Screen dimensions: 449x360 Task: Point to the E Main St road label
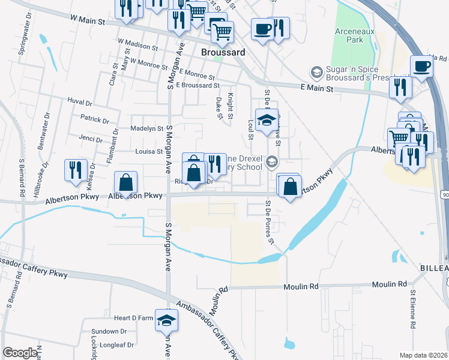pyautogui.click(x=316, y=88)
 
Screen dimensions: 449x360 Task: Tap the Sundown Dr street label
pyautogui.click(x=109, y=331)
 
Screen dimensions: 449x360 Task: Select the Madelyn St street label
pyautogui.click(x=147, y=128)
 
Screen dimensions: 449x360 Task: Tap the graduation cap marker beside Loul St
pyautogui.click(x=265, y=119)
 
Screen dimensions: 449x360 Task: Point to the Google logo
pyautogui.click(x=20, y=353)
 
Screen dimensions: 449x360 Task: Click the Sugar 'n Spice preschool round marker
pyautogui.click(x=316, y=73)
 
